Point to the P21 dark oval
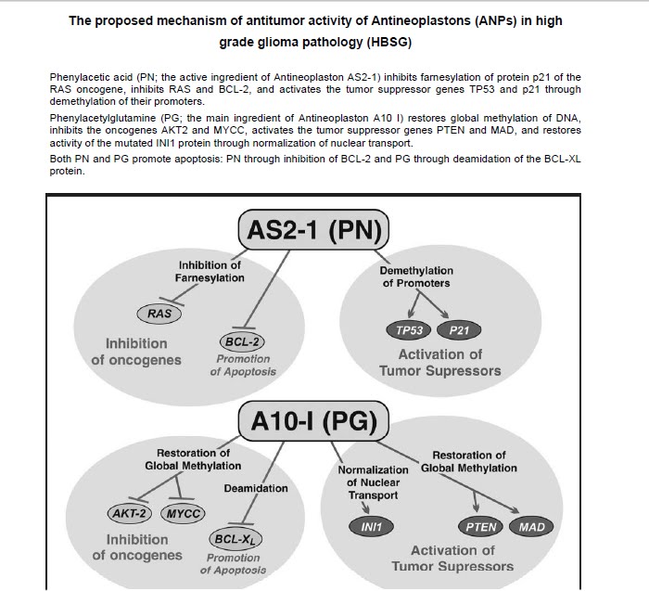[460, 329]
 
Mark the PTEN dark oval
[481, 527]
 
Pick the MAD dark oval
[532, 527]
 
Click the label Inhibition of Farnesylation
[210, 271]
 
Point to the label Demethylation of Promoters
[415, 276]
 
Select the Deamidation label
[256, 488]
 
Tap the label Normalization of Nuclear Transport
[372, 482]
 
